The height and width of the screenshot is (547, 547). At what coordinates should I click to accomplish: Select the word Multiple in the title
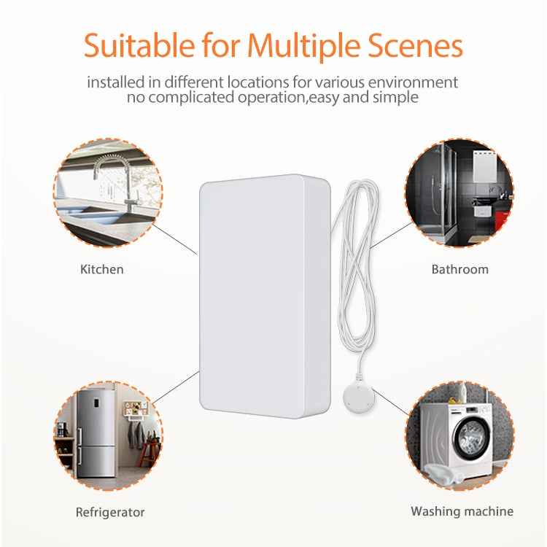(300, 45)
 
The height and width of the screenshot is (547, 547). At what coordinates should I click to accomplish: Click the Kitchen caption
(101, 269)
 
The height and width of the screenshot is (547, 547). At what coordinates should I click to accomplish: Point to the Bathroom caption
(459, 269)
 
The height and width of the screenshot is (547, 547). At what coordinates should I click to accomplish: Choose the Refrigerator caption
(110, 512)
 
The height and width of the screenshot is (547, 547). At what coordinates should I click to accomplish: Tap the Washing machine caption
(462, 511)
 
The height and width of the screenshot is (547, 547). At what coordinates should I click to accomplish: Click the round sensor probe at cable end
(359, 397)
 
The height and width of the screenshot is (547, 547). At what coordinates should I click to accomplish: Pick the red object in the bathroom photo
(500, 217)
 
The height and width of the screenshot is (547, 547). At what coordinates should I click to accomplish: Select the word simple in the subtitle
(397, 98)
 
